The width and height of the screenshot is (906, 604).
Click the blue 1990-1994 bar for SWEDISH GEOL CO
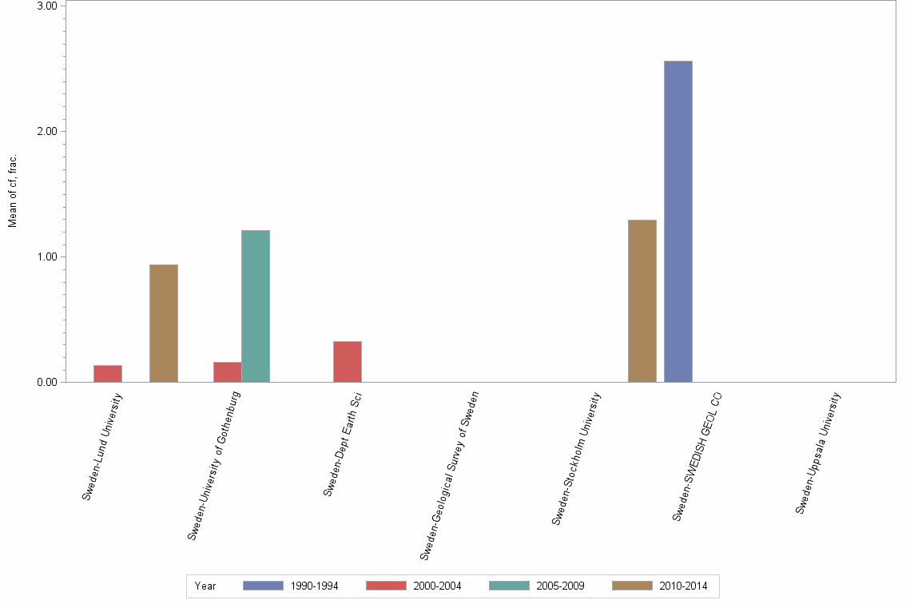tap(678, 221)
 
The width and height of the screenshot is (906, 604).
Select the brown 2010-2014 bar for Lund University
tap(163, 323)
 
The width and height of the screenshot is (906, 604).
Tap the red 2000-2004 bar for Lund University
tap(108, 373)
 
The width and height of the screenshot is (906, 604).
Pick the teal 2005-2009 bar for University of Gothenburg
tap(256, 306)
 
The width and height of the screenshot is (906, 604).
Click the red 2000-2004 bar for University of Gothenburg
tap(228, 372)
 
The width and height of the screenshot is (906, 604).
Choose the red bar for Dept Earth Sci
tap(347, 361)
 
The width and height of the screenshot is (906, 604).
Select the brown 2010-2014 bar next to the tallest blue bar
tap(642, 300)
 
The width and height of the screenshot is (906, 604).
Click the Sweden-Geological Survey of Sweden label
tap(449, 475)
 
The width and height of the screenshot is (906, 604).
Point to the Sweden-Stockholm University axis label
tap(576, 458)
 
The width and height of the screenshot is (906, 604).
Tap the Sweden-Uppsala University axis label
tap(818, 452)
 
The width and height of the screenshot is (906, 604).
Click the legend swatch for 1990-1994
tap(263, 586)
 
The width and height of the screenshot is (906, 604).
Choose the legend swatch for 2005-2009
tap(509, 586)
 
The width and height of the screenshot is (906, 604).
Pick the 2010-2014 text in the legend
tap(683, 586)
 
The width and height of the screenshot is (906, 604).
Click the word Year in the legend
tap(205, 586)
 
